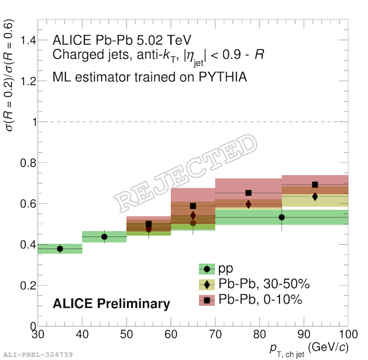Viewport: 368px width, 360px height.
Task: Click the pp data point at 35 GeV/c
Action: coord(60,248)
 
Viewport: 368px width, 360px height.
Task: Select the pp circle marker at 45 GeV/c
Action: coord(104,236)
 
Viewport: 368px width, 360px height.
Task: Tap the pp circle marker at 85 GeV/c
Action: coord(281,217)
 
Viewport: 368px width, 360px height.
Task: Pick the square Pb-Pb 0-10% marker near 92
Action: coord(315,185)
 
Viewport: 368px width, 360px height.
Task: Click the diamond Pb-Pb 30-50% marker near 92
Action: coord(315,196)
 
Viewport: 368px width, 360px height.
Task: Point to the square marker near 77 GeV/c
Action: coord(249,193)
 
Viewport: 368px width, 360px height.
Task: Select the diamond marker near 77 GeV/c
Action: coord(249,204)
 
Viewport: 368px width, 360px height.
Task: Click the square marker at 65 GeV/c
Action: coord(193,206)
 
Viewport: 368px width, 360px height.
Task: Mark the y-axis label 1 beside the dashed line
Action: coord(28,122)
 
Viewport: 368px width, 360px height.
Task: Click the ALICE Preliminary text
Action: coord(112,304)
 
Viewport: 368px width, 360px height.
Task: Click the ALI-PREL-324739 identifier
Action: coord(39,355)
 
